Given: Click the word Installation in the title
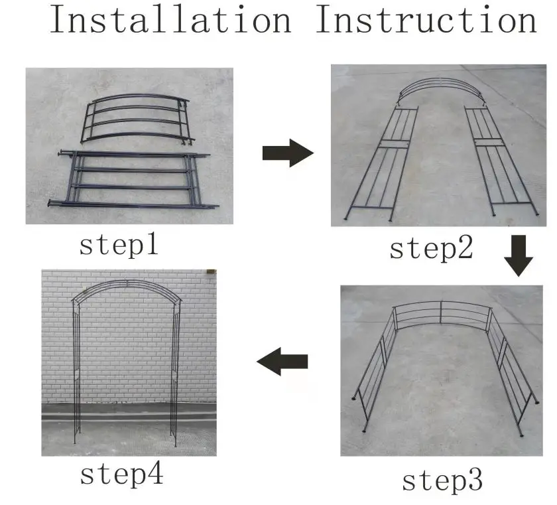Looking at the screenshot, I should (170, 19).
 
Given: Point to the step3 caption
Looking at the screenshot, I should (442, 480).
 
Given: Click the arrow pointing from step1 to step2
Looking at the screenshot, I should (287, 153).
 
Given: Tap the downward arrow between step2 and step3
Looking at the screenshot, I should (519, 256).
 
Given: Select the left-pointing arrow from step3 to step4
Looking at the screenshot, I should (282, 362).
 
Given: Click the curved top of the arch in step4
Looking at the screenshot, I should (126, 289).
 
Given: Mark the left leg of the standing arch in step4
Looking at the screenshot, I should (76, 372).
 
